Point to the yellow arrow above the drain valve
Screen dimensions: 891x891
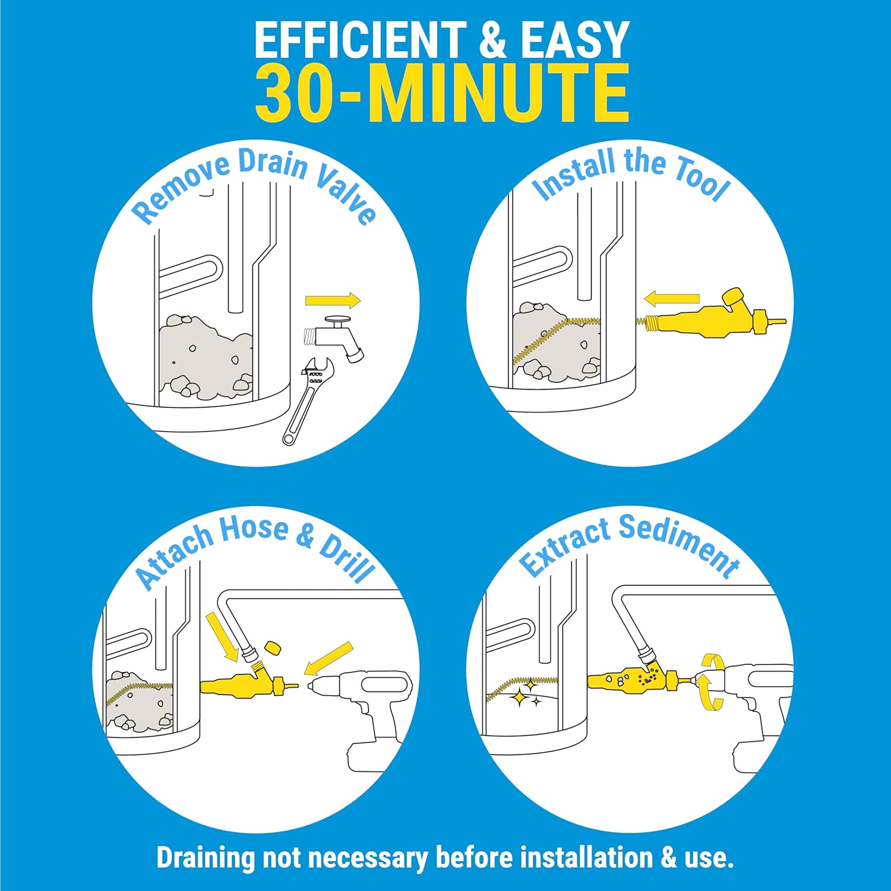[x=333, y=301]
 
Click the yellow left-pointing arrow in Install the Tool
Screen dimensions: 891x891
[x=672, y=298]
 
